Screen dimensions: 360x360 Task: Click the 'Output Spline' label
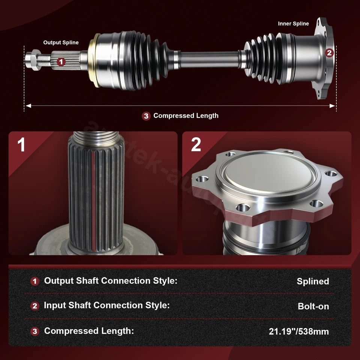click(61, 42)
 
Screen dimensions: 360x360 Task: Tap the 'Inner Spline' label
click(293, 24)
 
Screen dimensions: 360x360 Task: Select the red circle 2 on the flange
click(329, 53)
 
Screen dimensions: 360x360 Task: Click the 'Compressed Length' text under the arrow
click(186, 115)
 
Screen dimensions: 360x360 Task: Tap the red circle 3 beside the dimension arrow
click(146, 116)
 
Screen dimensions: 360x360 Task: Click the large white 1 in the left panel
click(21, 144)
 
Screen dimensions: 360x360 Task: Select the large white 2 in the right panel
click(196, 144)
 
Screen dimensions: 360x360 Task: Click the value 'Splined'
click(313, 281)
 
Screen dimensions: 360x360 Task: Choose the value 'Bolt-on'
click(313, 306)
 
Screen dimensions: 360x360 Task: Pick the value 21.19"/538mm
click(298, 331)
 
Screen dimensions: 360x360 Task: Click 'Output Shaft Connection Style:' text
click(111, 280)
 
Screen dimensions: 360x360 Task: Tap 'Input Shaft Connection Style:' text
click(106, 305)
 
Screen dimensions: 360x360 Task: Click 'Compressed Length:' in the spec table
click(89, 331)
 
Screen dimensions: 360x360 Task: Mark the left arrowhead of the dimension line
click(27, 106)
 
